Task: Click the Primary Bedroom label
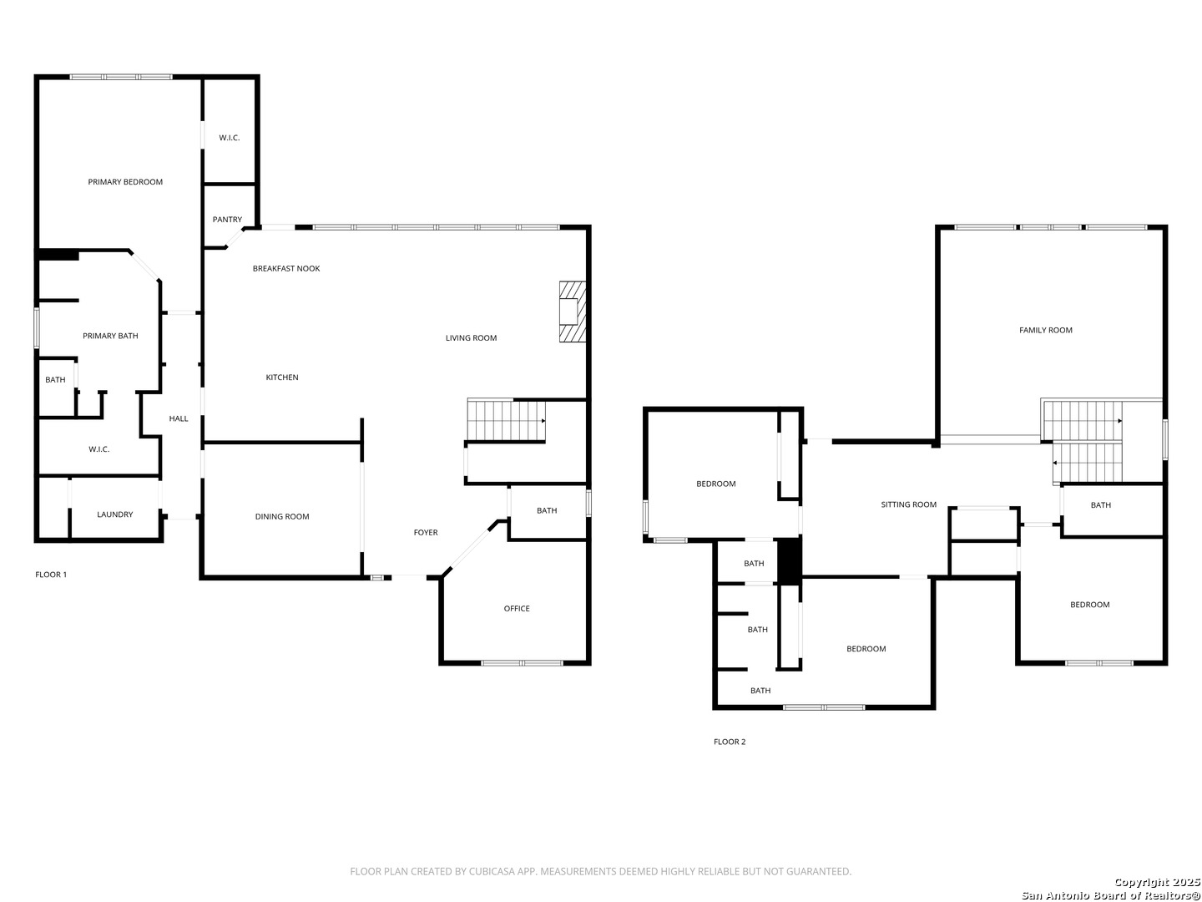pyautogui.click(x=125, y=182)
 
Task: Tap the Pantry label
pyautogui.click(x=227, y=220)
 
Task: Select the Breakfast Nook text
pyautogui.click(x=285, y=268)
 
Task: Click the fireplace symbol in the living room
pyautogui.click(x=572, y=312)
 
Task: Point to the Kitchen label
pyautogui.click(x=281, y=378)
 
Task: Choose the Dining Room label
pyautogui.click(x=281, y=516)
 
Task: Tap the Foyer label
pyautogui.click(x=425, y=532)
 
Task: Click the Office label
pyautogui.click(x=516, y=609)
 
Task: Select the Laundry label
pyautogui.click(x=114, y=514)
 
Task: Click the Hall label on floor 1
pyautogui.click(x=178, y=418)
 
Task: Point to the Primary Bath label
pyautogui.click(x=110, y=336)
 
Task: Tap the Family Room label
pyautogui.click(x=1045, y=330)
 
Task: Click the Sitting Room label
pyautogui.click(x=908, y=504)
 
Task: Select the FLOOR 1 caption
pyautogui.click(x=51, y=575)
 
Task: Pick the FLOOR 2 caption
pyautogui.click(x=729, y=742)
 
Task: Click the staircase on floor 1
pyautogui.click(x=506, y=420)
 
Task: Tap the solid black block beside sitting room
pyautogui.click(x=789, y=561)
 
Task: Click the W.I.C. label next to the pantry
pyautogui.click(x=229, y=138)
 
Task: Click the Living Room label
pyautogui.click(x=471, y=338)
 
